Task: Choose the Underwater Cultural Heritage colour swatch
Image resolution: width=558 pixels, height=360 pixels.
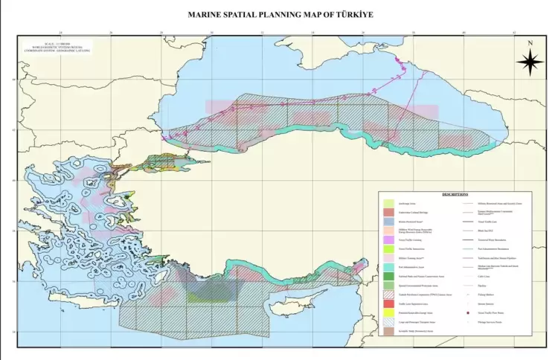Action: point(389,214)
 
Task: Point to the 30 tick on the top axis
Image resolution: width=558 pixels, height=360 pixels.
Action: point(212,33)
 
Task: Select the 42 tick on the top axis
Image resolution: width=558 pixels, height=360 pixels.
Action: point(514,33)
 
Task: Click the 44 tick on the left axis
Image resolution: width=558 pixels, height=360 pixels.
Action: point(13,80)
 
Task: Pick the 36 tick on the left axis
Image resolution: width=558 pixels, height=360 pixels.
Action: point(13,281)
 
